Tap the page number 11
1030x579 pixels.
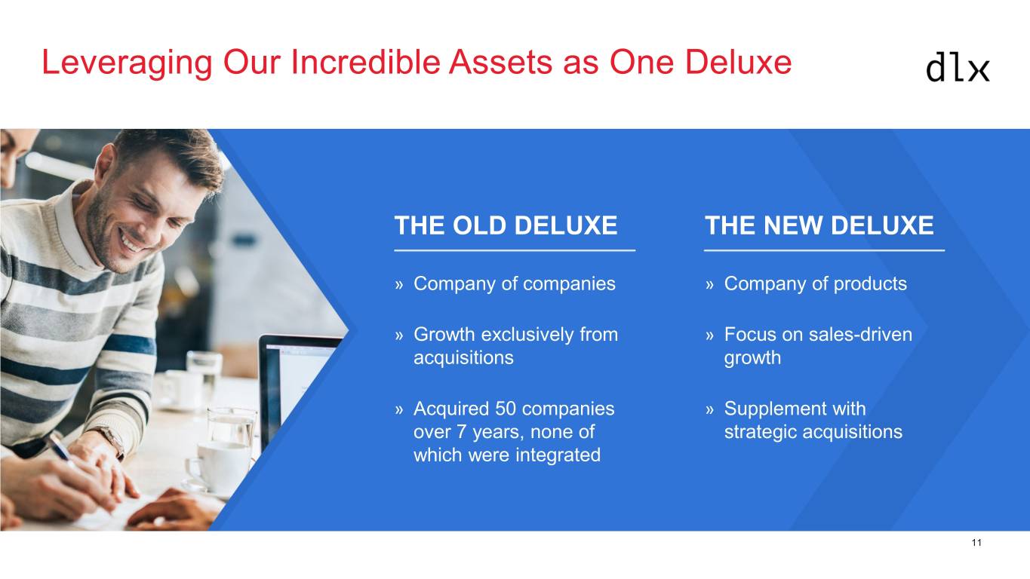(976, 543)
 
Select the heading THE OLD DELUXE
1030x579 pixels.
(506, 225)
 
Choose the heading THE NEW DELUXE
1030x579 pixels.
(819, 225)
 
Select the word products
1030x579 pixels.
(870, 284)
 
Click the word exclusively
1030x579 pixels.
(527, 335)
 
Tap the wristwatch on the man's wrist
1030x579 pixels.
(112, 440)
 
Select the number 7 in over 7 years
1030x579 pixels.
(461, 432)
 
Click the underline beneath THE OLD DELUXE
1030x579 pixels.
(515, 250)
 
